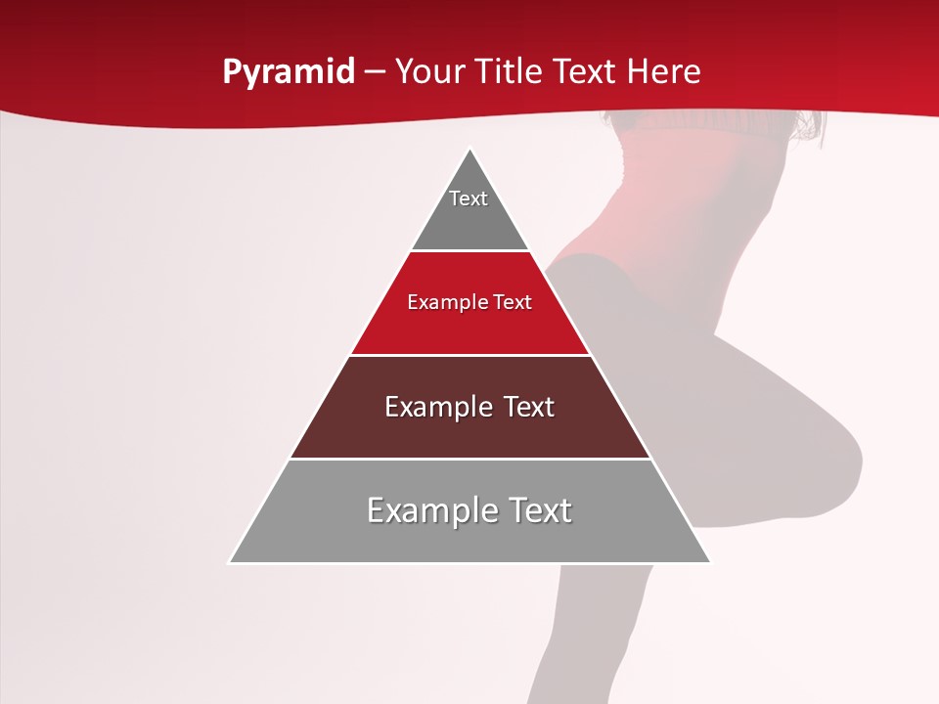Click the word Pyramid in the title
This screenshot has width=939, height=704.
pyautogui.click(x=288, y=72)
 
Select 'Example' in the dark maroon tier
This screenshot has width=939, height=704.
pyautogui.click(x=433, y=407)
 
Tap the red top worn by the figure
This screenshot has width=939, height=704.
pyautogui.click(x=685, y=186)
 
